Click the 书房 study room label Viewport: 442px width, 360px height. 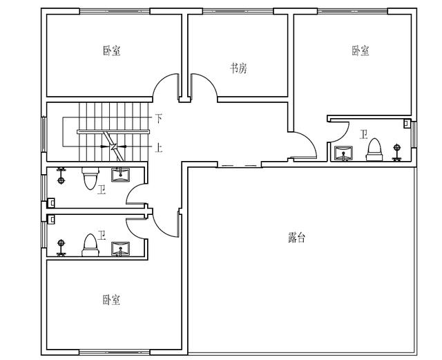pos(238,68)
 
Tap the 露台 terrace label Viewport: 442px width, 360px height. pos(296,237)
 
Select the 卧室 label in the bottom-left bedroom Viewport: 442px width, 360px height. pos(111,300)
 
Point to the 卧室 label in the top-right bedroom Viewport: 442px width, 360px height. pos(361,50)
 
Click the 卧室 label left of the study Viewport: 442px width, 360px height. pos(112,50)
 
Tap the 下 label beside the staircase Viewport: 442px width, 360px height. pos(159,118)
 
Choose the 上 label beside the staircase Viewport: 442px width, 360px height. pos(159,147)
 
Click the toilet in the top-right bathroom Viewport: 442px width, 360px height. pos(374,149)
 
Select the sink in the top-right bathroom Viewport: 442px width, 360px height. pos(343,153)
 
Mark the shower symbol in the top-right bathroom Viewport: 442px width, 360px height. pos(397,152)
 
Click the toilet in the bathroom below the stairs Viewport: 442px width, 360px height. pos(90,178)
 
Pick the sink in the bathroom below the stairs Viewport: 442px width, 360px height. pos(121,174)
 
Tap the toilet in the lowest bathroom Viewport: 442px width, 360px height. pos(90,245)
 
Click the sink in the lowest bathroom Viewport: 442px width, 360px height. pos(121,249)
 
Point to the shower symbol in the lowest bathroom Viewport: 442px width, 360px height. pos(61,247)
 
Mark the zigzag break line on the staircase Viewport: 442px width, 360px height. pos(113,146)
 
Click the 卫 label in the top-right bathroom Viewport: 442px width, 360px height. pos(364,134)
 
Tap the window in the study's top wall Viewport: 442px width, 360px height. pos(238,11)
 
